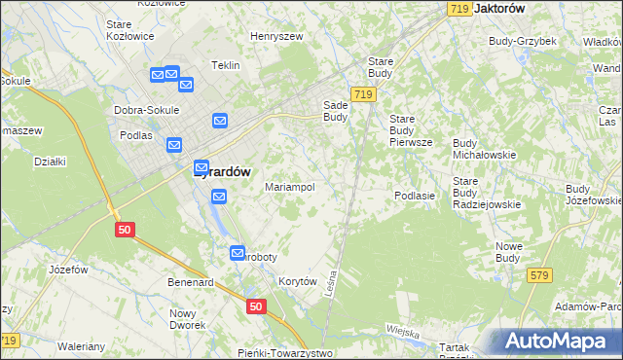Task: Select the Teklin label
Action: pyautogui.click(x=226, y=66)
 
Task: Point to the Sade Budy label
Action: pyautogui.click(x=336, y=111)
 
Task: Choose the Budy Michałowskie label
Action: pyautogui.click(x=484, y=149)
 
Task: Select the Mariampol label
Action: pyautogui.click(x=290, y=187)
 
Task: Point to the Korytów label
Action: pyautogui.click(x=299, y=281)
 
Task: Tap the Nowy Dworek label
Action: pyautogui.click(x=184, y=319)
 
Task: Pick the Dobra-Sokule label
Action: pyautogui.click(x=147, y=110)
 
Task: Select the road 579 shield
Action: pyautogui.click(x=541, y=276)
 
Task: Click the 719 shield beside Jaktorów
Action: pyautogui.click(x=461, y=8)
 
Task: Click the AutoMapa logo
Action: pyautogui.click(x=558, y=341)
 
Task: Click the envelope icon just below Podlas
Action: pyautogui.click(x=174, y=146)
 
